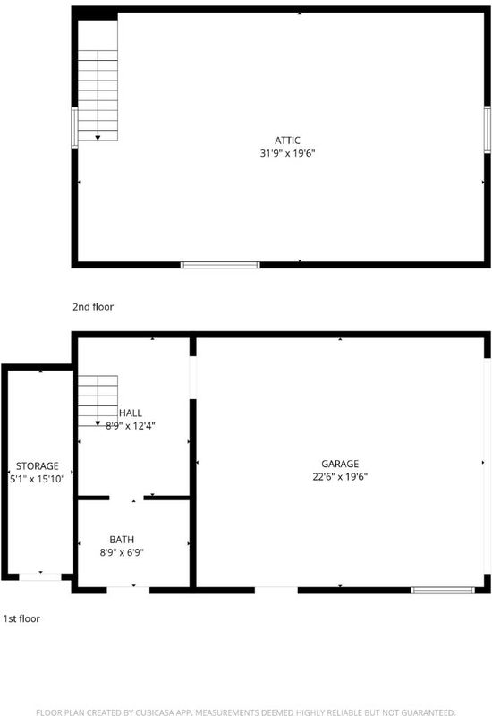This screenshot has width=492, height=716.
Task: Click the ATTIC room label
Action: pos(287,141)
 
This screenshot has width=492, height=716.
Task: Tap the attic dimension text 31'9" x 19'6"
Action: pos(287,153)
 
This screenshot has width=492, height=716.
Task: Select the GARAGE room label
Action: pos(340,464)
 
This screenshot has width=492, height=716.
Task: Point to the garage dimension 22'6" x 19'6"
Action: pos(340,476)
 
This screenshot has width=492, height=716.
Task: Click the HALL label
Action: pos(131,413)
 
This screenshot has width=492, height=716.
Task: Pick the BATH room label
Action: pos(122,540)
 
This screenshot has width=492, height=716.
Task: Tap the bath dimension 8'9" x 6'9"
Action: pos(122,552)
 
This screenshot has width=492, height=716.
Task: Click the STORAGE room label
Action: pos(38,465)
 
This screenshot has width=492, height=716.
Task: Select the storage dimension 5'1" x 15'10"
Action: pos(38,479)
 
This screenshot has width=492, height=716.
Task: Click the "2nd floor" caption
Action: pos(93,306)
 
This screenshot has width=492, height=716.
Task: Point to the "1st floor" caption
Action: pos(21,618)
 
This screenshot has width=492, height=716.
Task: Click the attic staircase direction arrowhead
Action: pos(98,138)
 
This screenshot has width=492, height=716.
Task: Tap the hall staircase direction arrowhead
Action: pos(98,423)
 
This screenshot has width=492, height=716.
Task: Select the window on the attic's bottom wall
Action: pos(220,265)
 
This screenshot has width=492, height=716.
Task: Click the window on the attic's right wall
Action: pos(488,129)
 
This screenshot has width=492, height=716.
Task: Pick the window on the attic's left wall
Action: pos(74,127)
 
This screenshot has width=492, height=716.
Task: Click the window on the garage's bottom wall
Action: pos(443,590)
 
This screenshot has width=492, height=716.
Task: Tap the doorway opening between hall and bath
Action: pos(126,498)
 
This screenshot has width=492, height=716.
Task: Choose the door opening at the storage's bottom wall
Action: pos(40,576)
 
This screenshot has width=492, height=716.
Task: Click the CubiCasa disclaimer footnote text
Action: pos(245,712)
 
